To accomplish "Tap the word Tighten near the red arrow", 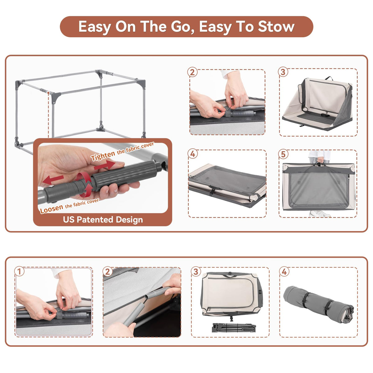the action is (103, 156).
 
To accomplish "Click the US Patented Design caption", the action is (103, 220).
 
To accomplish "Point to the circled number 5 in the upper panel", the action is (283, 154).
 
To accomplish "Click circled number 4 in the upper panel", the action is (193, 154).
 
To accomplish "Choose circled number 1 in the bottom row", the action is (19, 271).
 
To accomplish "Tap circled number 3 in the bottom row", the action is (196, 272).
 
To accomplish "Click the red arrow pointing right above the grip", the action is (105, 165).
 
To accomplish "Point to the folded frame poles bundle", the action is (234, 328).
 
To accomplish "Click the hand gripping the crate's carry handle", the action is (320, 160).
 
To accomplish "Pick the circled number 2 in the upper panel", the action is (192, 72).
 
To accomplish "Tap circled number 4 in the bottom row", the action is (284, 272).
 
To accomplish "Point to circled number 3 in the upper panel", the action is (283, 72).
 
